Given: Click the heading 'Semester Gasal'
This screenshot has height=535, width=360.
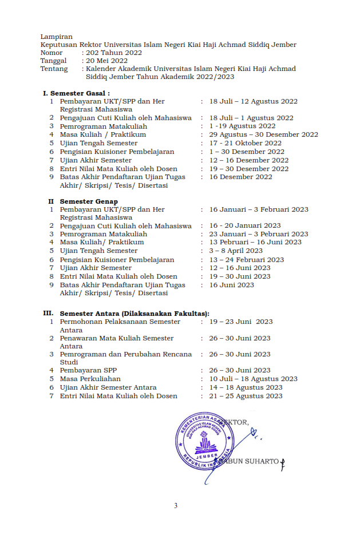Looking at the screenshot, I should point(80,93).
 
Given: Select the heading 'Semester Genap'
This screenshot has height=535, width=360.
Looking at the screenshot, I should point(89,201).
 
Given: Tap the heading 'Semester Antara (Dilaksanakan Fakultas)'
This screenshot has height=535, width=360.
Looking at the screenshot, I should point(134,314).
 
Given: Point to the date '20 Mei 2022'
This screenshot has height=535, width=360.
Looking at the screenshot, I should point(106,61).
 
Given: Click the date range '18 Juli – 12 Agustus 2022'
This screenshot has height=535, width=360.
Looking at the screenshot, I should point(253,101).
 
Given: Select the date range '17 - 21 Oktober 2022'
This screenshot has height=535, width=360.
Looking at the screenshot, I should point(245,143).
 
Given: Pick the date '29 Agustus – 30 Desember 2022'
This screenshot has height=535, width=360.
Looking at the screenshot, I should point(263,134).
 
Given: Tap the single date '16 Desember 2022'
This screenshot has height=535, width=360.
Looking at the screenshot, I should point(240,177).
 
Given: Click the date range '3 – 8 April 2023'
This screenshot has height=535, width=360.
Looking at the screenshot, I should point(236,251).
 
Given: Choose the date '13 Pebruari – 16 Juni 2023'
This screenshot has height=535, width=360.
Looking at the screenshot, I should point(255,242).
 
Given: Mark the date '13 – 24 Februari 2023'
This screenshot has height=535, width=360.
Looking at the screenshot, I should point(246,259).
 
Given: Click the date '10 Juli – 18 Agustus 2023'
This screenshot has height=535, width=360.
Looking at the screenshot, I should point(253,379).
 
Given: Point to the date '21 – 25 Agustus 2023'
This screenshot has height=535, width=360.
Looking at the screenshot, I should point(246,395).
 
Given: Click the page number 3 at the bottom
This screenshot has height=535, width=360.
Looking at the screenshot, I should point(176,506).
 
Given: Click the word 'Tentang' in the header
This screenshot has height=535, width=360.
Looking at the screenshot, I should point(54,69).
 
